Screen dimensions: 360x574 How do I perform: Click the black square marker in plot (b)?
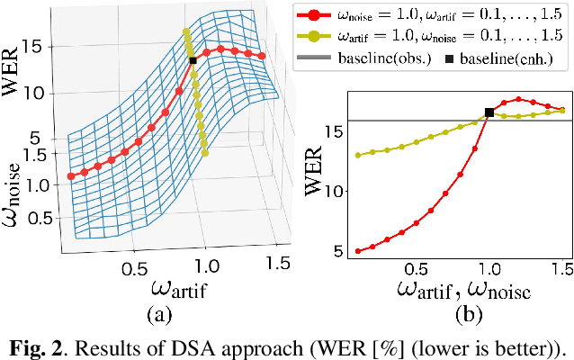489,112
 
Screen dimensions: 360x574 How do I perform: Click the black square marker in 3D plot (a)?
193,60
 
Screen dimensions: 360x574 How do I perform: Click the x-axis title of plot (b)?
462,291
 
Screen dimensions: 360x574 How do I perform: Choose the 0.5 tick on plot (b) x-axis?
416,269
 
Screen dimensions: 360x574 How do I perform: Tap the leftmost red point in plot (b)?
359,251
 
